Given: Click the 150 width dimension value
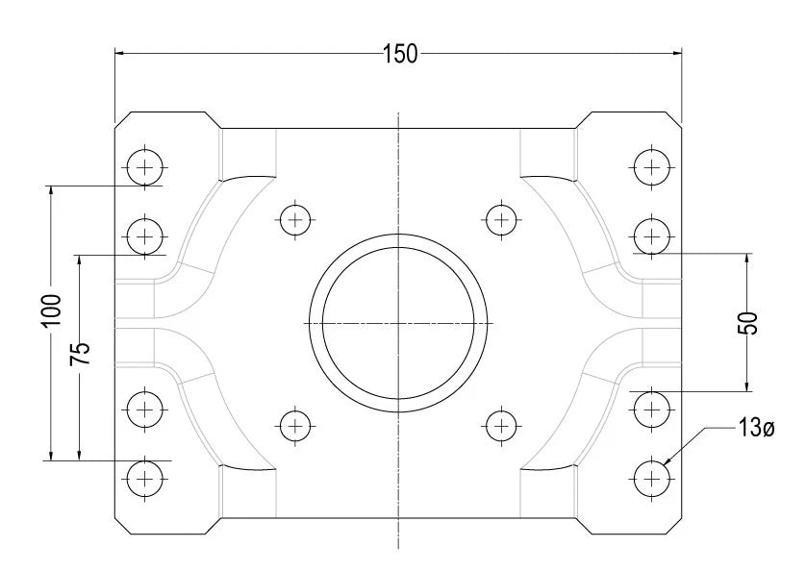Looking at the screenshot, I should (399, 54).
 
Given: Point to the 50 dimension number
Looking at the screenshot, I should (752, 323).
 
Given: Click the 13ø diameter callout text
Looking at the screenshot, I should (756, 429).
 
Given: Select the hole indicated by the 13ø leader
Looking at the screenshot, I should (652, 476).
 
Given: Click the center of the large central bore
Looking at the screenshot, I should (398, 322).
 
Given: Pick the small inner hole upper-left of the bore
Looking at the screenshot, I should (294, 220).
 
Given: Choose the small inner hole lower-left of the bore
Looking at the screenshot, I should (294, 424).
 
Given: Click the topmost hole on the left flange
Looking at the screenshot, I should (145, 167).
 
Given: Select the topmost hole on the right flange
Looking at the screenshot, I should (652, 167).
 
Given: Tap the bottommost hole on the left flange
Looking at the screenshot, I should (145, 476).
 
